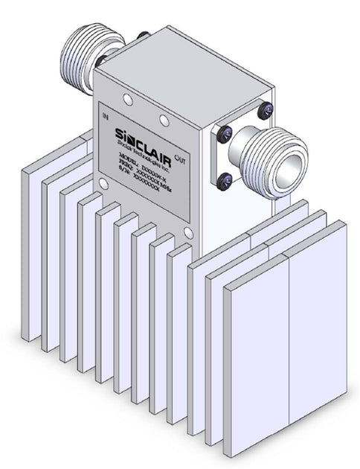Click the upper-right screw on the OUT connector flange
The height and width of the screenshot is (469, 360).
(264, 112)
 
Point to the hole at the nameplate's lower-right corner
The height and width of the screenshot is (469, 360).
(188, 234)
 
